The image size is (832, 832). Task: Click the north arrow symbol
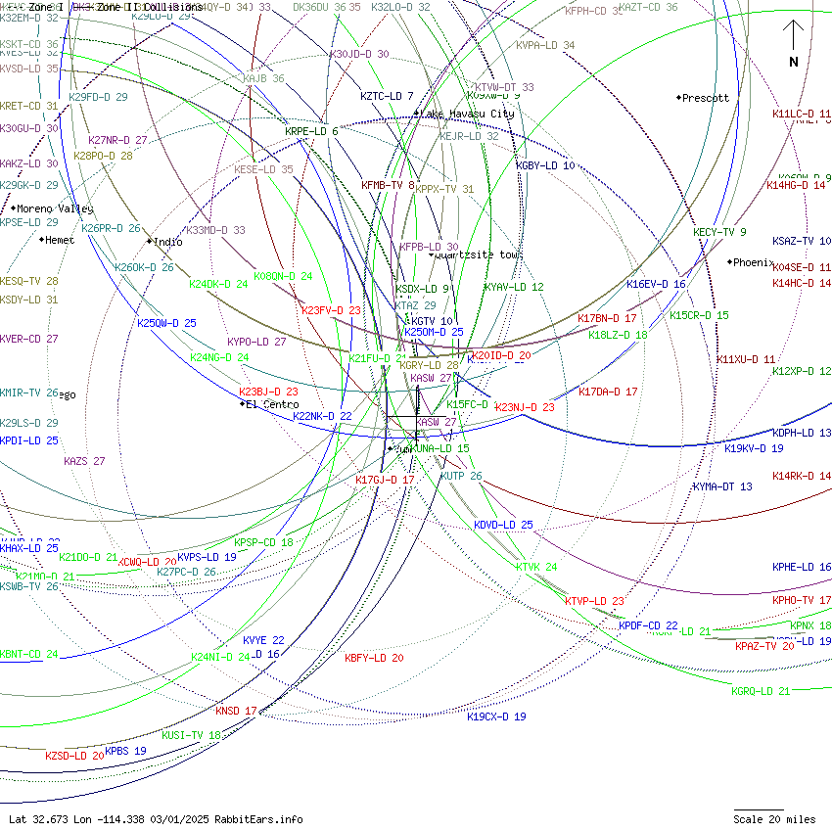(794, 44)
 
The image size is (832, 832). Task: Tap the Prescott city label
(706, 98)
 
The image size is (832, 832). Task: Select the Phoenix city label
(754, 262)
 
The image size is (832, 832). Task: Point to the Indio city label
(168, 242)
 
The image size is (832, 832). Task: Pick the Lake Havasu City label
(467, 114)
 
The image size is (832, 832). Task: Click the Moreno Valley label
(56, 208)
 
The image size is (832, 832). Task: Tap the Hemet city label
(60, 240)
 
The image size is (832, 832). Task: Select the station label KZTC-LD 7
(387, 96)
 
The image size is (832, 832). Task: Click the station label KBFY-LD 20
(374, 658)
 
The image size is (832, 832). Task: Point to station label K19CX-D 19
(496, 716)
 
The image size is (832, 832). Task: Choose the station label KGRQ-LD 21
(761, 691)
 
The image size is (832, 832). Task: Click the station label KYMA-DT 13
(722, 486)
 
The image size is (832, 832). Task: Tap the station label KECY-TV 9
(719, 232)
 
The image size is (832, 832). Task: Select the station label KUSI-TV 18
(191, 735)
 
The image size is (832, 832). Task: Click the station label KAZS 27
(84, 461)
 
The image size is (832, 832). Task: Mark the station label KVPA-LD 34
(545, 46)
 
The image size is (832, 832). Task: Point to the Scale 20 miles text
(774, 819)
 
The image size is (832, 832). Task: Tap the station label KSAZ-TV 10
(801, 241)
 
